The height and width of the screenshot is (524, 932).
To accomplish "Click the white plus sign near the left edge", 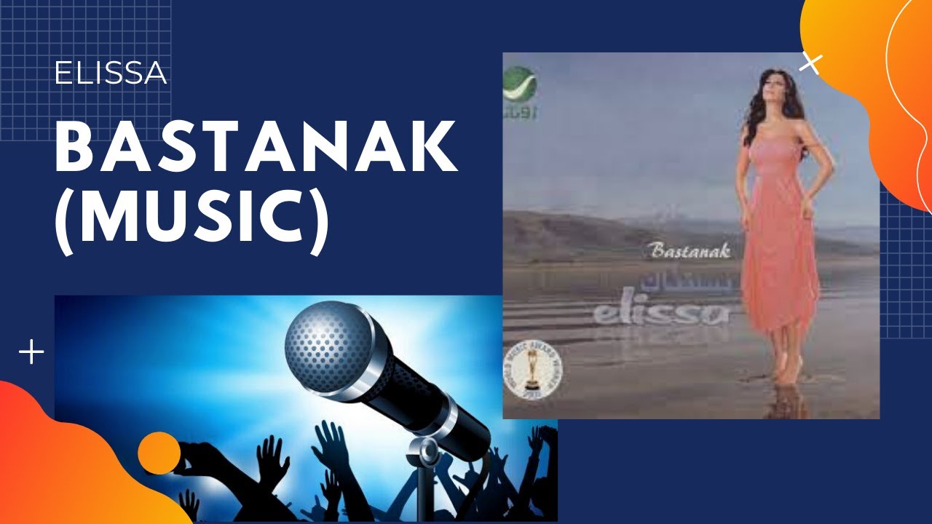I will [x=31, y=354].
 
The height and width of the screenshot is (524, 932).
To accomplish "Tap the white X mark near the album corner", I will [x=810, y=64].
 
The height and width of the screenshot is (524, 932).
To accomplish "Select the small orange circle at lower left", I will [x=159, y=453].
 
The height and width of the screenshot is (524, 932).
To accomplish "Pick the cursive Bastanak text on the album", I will [x=687, y=252].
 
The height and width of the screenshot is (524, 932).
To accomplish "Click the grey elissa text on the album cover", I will [x=661, y=313].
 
